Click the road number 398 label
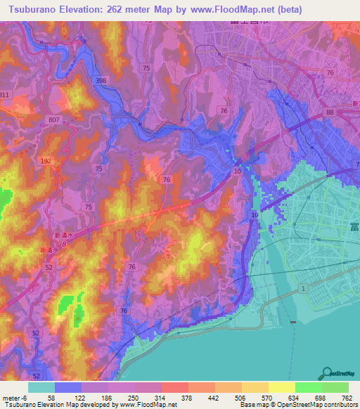pyautogui.click(x=101, y=82)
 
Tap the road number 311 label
pyautogui.click(x=4, y=95)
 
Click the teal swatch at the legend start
pyautogui.click(x=41, y=388)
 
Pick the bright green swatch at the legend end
pyautogui.click(x=335, y=388)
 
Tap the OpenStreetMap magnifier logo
pyautogui.click(x=328, y=373)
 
